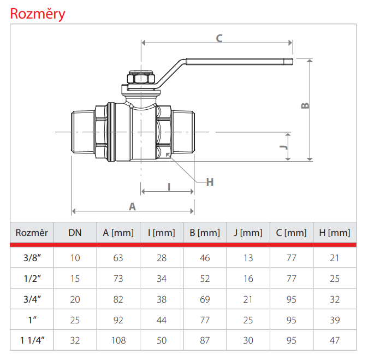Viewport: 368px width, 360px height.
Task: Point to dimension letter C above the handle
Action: tap(219, 38)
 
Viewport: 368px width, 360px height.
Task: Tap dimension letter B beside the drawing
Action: tap(305, 105)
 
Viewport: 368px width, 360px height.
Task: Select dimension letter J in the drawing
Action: tap(282, 148)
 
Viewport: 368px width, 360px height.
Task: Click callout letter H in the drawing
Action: tap(210, 182)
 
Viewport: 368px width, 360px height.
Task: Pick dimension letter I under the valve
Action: tap(169, 186)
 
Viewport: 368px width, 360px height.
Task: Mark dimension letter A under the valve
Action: tap(132, 206)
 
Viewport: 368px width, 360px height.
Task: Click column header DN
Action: tap(75, 233)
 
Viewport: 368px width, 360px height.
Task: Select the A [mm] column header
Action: tap(118, 233)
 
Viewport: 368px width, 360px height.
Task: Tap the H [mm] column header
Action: tap(335, 233)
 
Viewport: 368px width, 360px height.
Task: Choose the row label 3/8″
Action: tap(32, 258)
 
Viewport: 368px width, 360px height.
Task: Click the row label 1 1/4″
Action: tap(32, 340)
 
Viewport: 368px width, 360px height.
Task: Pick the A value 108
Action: tap(118, 340)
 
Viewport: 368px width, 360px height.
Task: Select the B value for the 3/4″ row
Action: tap(205, 299)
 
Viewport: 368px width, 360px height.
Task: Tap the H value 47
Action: tap(335, 340)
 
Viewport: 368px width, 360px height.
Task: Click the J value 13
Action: tap(248, 258)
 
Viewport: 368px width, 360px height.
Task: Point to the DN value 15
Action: tap(75, 279)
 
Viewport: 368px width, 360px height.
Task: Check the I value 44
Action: tap(162, 320)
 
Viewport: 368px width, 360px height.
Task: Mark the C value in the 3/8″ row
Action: tap(292, 258)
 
